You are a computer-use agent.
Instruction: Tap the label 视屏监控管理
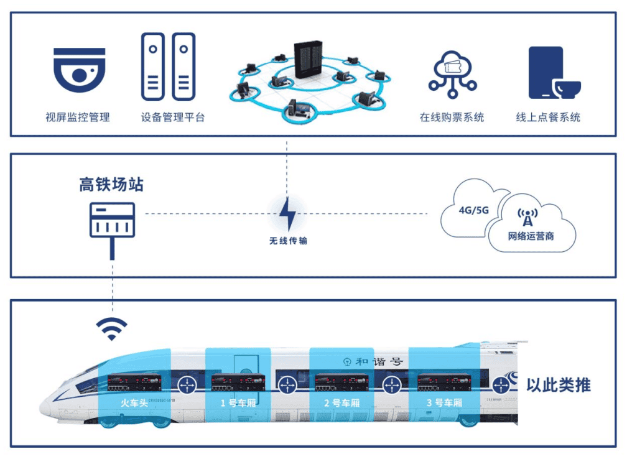78,117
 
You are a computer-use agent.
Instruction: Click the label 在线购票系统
452,117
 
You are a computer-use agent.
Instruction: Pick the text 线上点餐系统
549,117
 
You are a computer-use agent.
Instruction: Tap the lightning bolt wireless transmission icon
287,215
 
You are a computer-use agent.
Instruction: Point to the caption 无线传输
288,241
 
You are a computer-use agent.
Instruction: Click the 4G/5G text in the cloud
474,210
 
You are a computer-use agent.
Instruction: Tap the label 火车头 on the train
134,402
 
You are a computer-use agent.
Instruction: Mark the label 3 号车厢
444,402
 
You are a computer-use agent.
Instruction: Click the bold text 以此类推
559,385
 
